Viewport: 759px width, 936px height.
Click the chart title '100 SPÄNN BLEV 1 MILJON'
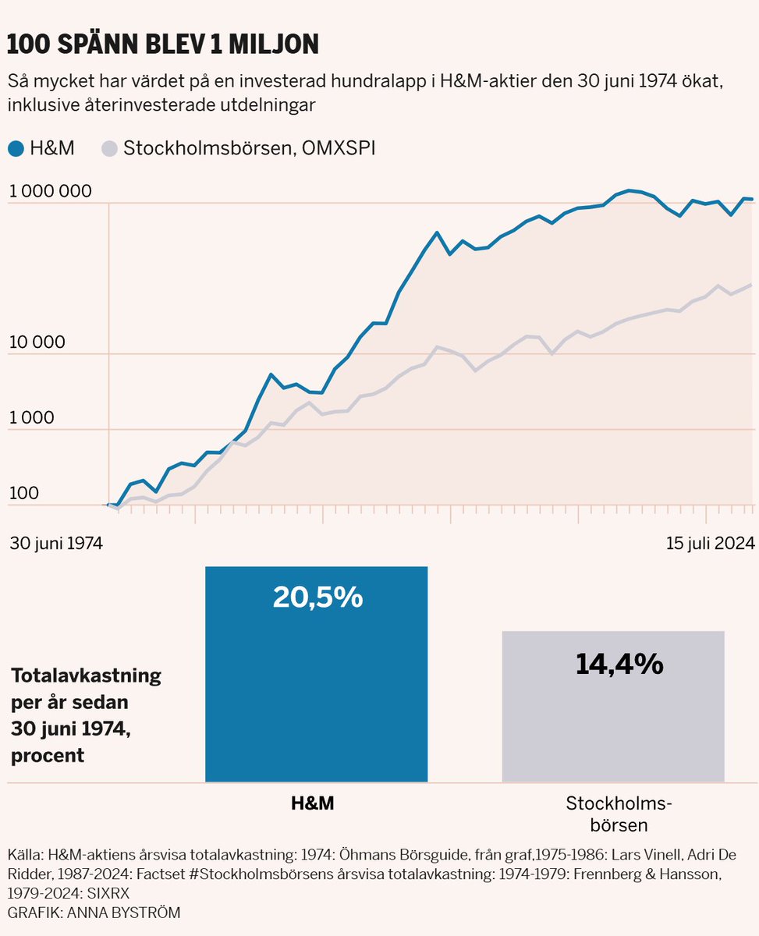(163, 44)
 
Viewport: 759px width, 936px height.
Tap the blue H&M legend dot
(15, 148)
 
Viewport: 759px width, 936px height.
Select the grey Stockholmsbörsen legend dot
(109, 148)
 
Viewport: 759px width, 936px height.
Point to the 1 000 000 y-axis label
(51, 191)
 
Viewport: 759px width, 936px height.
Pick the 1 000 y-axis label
(31, 417)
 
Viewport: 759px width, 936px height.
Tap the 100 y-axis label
(23, 493)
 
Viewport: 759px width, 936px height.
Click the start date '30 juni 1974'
(56, 543)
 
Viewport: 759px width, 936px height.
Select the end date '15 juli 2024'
(710, 543)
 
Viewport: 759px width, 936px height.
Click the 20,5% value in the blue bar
(317, 597)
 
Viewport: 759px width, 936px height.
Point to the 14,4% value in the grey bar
(619, 663)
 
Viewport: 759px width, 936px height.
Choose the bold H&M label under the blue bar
(311, 803)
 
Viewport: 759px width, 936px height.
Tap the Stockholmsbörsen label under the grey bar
(619, 814)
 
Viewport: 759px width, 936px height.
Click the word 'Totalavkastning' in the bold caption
(86, 675)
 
